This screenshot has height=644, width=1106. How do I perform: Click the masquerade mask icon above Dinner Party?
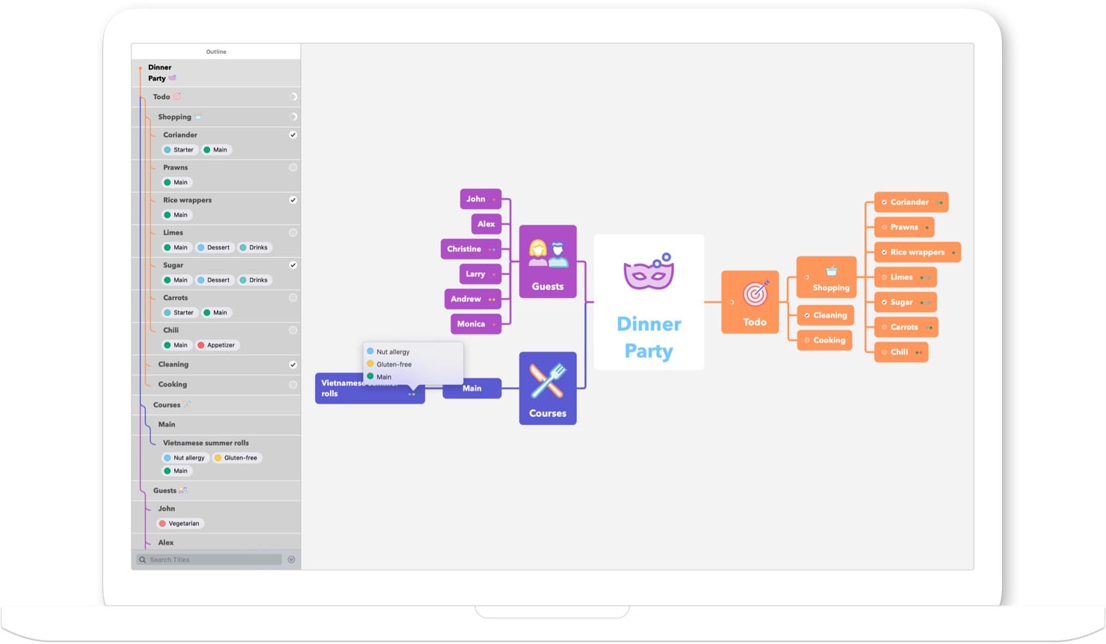[649, 270]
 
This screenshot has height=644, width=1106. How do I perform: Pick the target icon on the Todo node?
[755, 294]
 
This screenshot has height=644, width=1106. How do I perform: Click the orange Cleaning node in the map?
[825, 315]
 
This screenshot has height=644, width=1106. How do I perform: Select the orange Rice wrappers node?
[917, 253]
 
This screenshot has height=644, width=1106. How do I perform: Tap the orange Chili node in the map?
[900, 352]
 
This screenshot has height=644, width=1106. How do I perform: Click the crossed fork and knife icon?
[547, 380]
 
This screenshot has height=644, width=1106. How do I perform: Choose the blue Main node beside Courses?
[472, 388]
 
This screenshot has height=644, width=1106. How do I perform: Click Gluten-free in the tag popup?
[394, 365]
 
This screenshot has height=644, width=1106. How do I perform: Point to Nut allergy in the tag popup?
[393, 352]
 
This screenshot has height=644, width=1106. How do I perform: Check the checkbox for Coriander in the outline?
[293, 135]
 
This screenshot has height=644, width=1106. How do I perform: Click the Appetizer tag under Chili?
[217, 345]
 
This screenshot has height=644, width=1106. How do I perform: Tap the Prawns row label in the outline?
[176, 167]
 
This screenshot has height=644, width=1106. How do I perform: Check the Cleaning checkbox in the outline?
[293, 365]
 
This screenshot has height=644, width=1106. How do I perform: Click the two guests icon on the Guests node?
[548, 254]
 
